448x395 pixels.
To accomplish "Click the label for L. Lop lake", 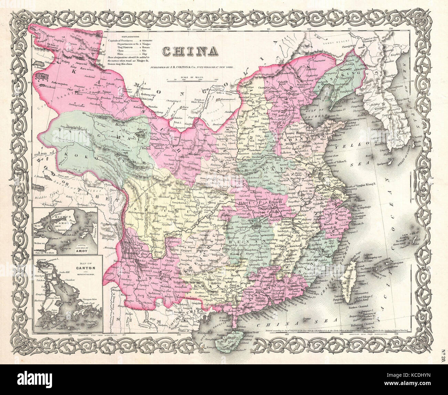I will coord(42,75).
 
